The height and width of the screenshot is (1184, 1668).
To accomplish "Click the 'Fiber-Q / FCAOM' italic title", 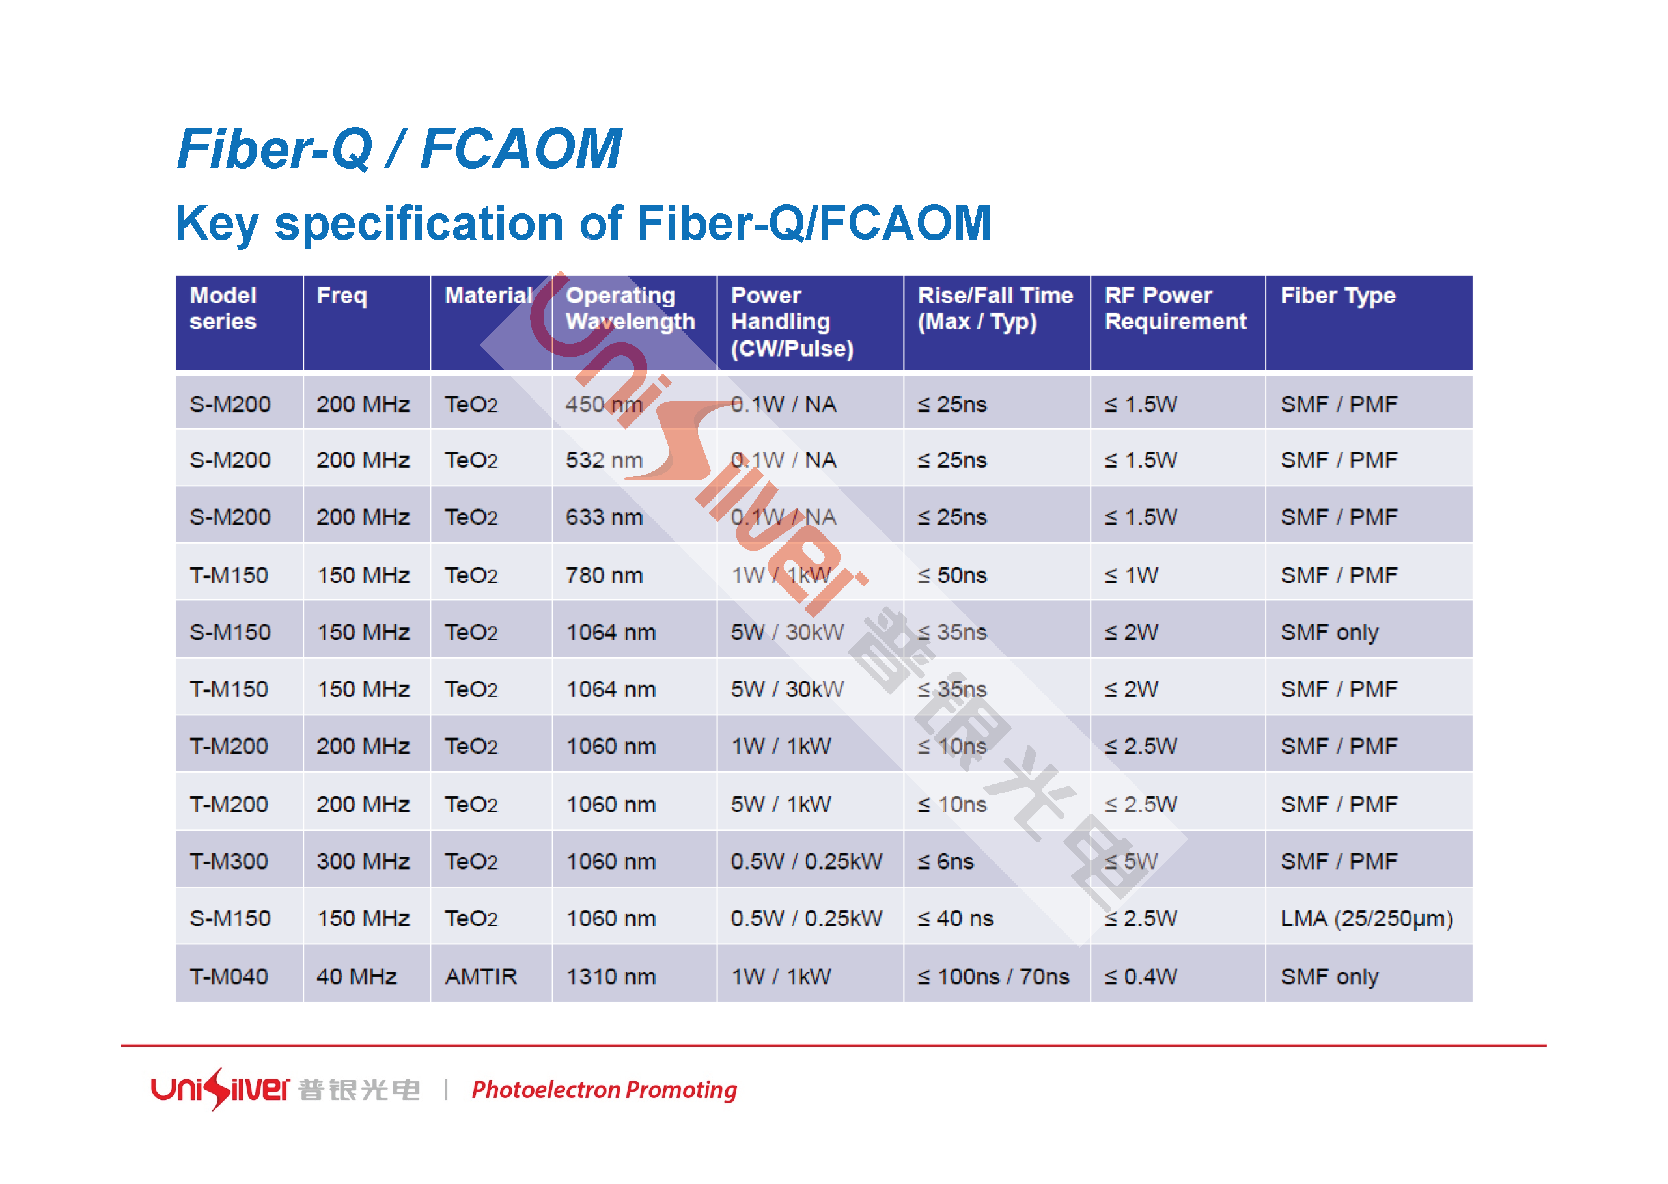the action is [x=400, y=148].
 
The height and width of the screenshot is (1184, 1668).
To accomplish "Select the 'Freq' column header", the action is [x=342, y=296].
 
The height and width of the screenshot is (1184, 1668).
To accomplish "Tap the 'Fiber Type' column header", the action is [x=1338, y=296].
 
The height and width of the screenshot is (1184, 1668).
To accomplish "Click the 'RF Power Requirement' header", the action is [x=1175, y=309].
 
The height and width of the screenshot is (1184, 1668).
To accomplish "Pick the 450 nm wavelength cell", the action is [x=604, y=405].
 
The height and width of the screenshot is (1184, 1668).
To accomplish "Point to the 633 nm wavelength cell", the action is [x=604, y=517].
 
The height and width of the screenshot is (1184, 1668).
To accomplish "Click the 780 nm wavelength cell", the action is [x=604, y=575].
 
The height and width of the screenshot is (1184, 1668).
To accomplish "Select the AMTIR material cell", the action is [x=480, y=976].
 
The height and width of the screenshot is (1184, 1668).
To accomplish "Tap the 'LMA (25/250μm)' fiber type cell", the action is [x=1366, y=918].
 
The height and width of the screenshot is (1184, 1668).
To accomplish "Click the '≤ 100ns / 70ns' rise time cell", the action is [x=993, y=976].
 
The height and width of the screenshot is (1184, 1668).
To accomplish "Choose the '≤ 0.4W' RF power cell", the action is [x=1140, y=976].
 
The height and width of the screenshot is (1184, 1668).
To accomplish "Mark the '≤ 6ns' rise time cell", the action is [x=945, y=862].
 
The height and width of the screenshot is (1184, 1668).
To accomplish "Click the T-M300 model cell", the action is [x=229, y=862].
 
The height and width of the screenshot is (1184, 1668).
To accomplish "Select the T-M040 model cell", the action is [x=229, y=976].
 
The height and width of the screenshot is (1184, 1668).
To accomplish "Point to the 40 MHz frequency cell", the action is [x=357, y=976].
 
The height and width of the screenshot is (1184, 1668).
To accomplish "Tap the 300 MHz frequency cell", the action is [x=363, y=862].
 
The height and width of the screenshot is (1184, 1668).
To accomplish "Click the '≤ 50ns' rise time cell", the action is [x=951, y=575].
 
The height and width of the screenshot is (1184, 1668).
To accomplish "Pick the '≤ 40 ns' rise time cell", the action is [x=955, y=918].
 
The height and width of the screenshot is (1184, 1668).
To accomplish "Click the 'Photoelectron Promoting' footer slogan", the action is [x=604, y=1090].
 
